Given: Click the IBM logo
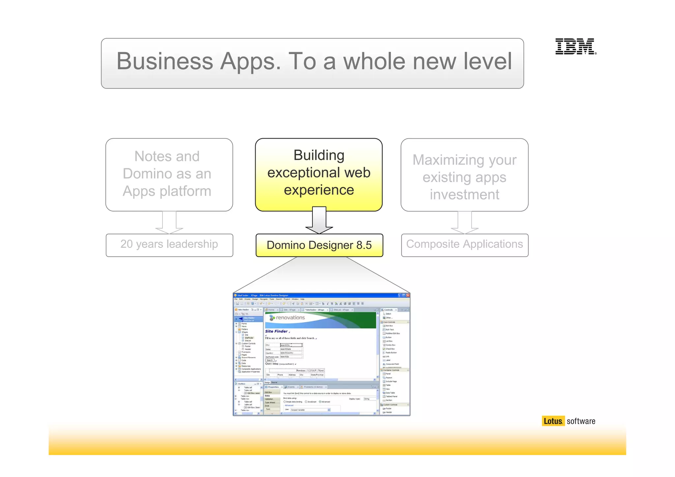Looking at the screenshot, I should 575,46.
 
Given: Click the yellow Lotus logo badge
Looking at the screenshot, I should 553,421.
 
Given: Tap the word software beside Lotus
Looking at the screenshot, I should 581,421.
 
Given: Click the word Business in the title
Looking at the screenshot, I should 165,61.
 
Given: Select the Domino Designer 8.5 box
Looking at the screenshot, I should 319,245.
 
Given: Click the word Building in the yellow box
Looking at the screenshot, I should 319,155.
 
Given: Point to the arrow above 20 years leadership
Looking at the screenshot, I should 169,223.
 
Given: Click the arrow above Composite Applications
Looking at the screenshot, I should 464,223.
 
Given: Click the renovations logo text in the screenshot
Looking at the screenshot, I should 290,317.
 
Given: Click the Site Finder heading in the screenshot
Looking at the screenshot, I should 276,331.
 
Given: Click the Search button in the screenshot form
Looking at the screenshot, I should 270,360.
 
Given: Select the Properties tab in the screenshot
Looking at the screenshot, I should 273,387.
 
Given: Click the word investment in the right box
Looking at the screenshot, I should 464,195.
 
